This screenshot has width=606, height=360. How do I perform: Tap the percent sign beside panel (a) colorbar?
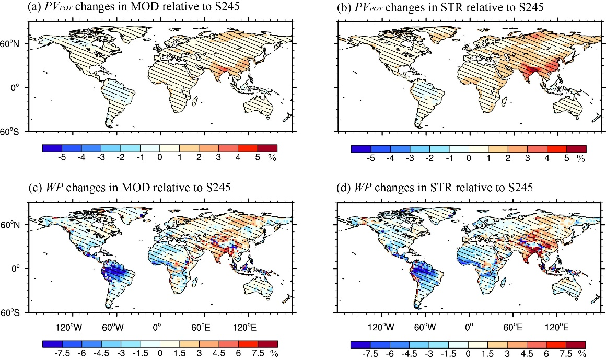pos(272,159)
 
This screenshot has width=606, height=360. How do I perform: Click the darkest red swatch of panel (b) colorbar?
pos(576,149)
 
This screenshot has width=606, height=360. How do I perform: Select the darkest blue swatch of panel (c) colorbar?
pos(52,344)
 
